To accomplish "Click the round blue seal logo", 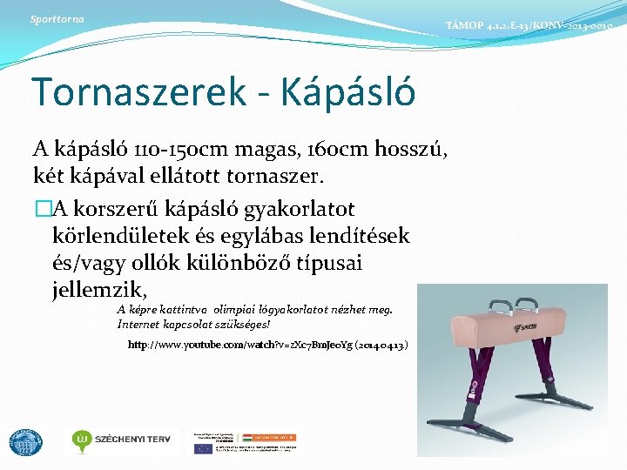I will (x=25, y=442).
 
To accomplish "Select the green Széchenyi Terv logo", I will (x=123, y=440).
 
